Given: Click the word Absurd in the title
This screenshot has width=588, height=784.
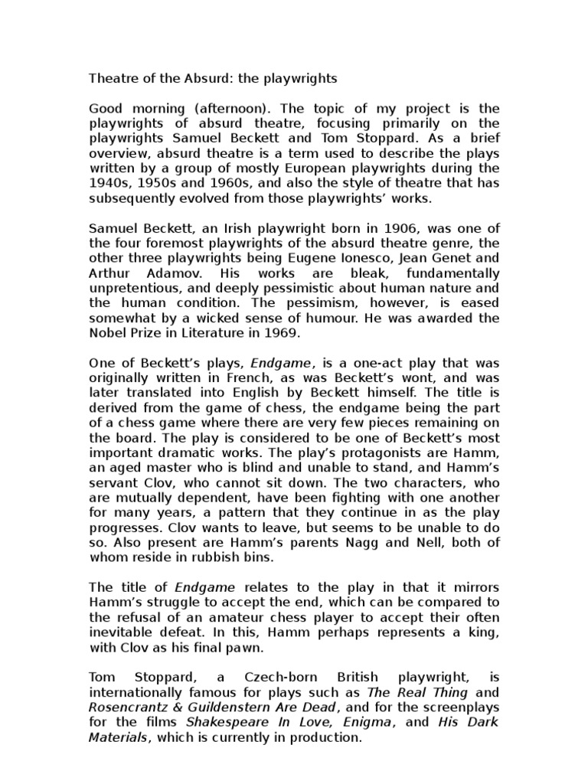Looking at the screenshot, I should tap(179, 78).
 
